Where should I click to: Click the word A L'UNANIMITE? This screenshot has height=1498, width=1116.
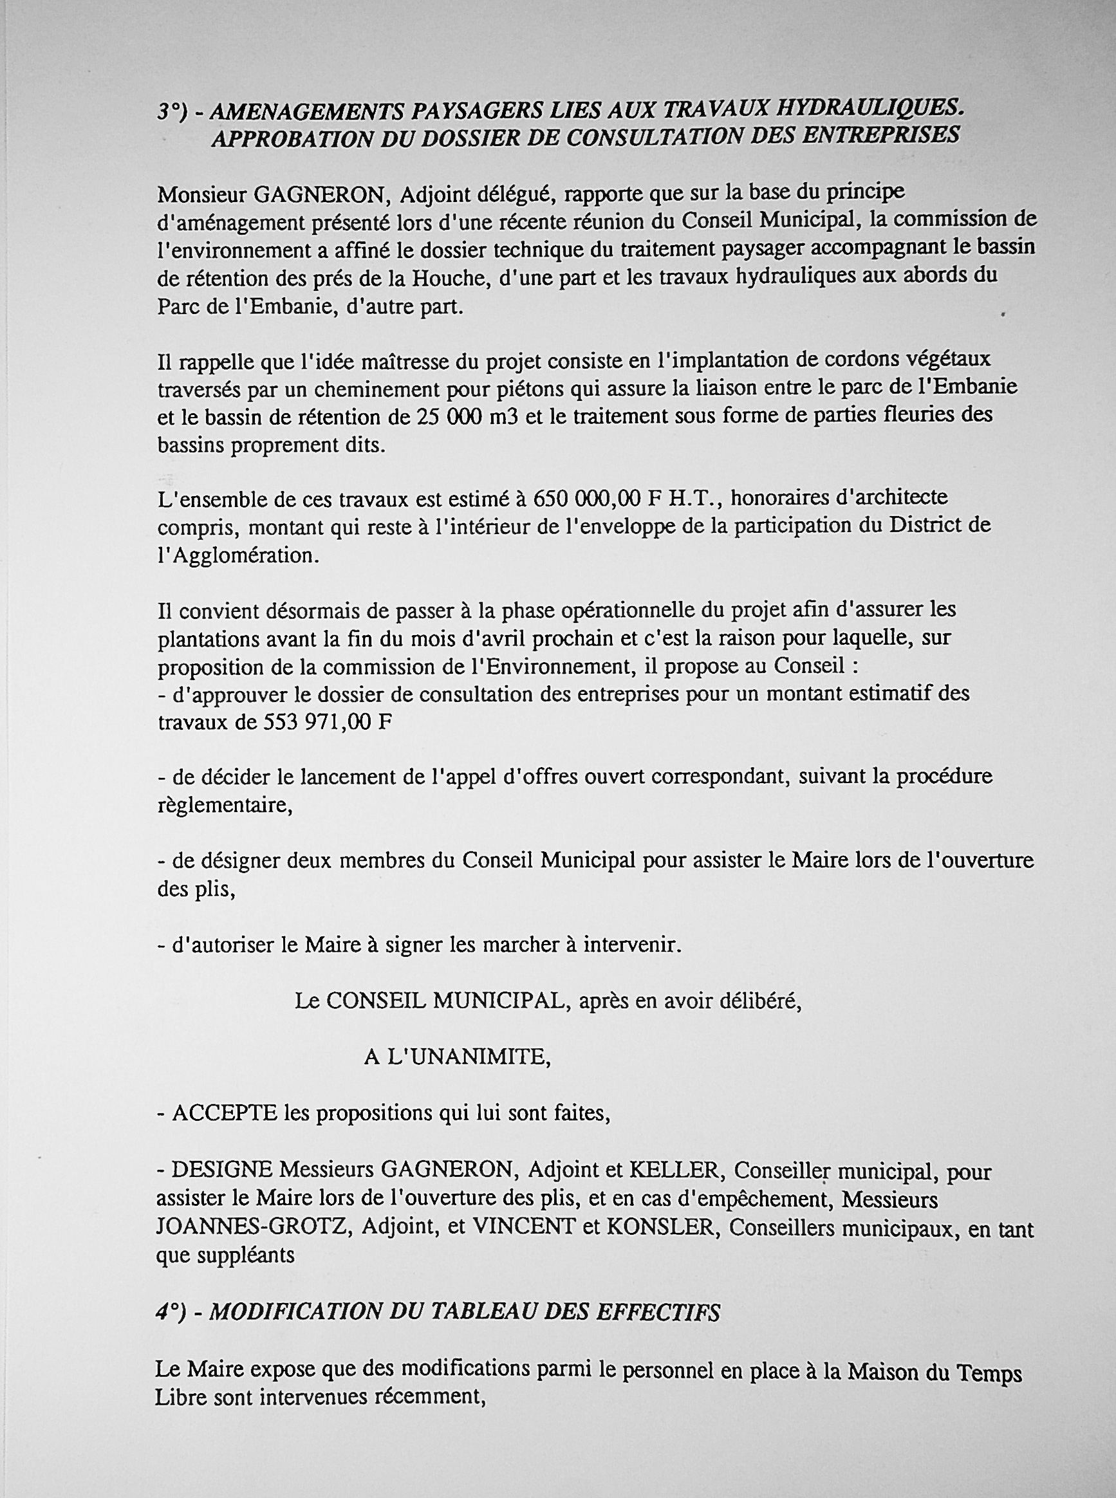[458, 1057]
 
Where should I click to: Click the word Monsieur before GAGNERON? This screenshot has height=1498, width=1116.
[201, 195]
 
